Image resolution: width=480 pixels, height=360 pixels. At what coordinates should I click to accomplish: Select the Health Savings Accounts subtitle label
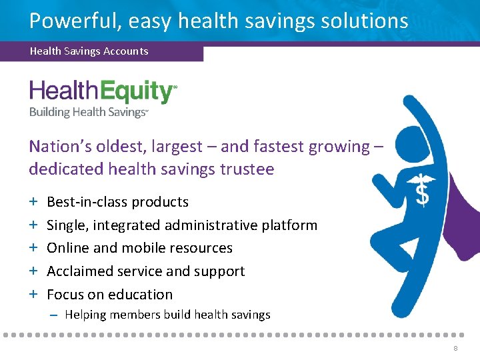pyautogui.click(x=89, y=51)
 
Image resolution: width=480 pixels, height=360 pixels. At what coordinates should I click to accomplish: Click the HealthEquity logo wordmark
pyautogui.click(x=102, y=92)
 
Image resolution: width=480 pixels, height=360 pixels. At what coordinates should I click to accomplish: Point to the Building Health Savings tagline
pyautogui.click(x=87, y=112)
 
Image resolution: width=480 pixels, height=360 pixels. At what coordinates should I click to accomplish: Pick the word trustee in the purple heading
pyautogui.click(x=247, y=169)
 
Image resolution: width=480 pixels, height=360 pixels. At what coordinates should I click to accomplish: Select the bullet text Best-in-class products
pyautogui.click(x=117, y=202)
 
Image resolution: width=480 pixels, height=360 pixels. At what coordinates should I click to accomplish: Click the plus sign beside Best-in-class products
pyautogui.click(x=33, y=202)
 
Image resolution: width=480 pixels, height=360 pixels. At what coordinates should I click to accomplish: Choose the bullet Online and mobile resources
pyautogui.click(x=139, y=248)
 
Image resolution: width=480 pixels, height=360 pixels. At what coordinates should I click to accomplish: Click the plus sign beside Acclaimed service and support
pyautogui.click(x=33, y=271)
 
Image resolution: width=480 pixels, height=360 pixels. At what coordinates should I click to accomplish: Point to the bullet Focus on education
pyautogui.click(x=109, y=295)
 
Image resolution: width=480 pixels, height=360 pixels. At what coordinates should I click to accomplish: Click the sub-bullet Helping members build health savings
pyautogui.click(x=167, y=315)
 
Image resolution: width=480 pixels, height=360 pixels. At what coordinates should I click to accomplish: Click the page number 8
pyautogui.click(x=455, y=349)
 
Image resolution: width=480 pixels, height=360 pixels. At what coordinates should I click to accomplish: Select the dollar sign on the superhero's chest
pyautogui.click(x=422, y=193)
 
